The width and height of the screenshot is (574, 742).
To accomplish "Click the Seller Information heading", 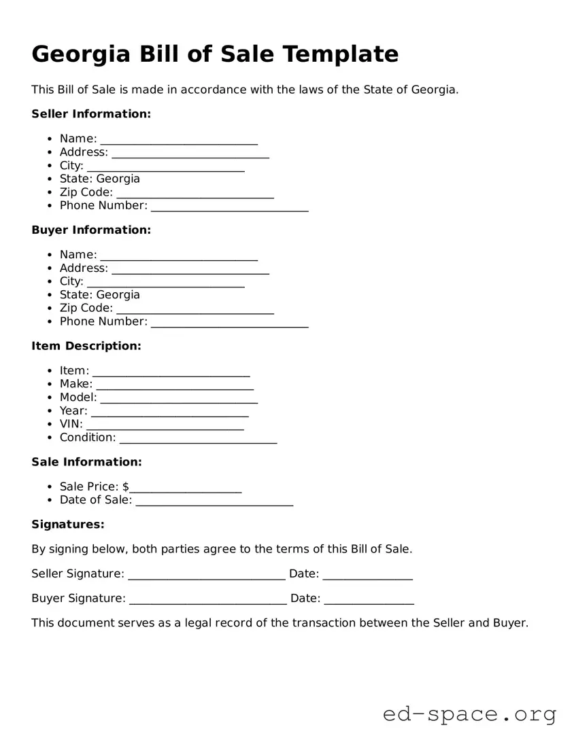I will [x=91, y=114].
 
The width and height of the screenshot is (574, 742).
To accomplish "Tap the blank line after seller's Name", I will [x=179, y=141].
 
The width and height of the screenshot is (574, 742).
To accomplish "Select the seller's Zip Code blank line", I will [x=195, y=195].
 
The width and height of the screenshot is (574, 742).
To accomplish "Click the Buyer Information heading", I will [x=91, y=230].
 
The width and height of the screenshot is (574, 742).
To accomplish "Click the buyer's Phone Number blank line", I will [x=230, y=324].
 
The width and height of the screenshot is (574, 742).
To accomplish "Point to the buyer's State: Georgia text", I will [x=99, y=295].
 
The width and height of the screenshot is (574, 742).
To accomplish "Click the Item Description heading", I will [x=86, y=347].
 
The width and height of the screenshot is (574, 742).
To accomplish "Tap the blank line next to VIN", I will [x=165, y=427].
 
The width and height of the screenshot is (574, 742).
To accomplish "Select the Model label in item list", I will [x=78, y=397].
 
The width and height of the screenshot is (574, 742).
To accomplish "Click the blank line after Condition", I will [x=198, y=440].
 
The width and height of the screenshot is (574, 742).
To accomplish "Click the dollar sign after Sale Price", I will [x=126, y=487].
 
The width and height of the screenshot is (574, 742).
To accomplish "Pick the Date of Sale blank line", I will [x=214, y=503].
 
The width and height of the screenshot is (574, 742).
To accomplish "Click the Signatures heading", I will [x=68, y=525].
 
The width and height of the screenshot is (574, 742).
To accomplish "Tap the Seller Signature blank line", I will [x=206, y=576].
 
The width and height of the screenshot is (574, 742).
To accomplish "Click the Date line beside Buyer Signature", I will [x=369, y=601].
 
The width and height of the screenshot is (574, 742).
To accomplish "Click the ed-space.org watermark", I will [x=469, y=715].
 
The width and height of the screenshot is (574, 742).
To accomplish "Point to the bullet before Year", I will [x=51, y=411].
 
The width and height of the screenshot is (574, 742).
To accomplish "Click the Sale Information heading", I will [x=86, y=462].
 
